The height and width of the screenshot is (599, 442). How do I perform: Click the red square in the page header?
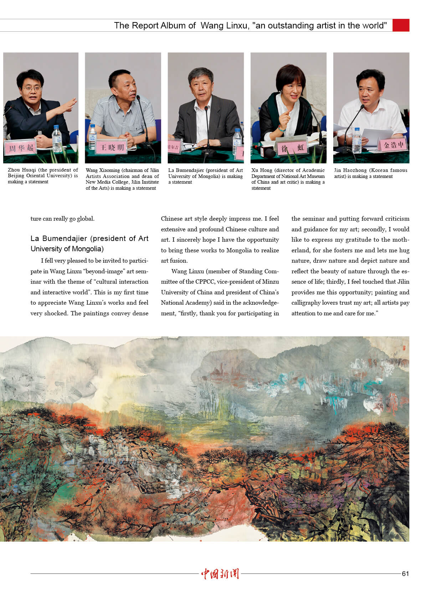point(401,25)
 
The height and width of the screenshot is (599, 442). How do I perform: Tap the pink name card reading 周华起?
point(21,148)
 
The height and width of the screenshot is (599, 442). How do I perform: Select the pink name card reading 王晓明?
point(112,147)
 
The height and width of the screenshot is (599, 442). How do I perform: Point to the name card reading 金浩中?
point(394,145)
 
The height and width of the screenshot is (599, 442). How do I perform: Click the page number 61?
point(405,573)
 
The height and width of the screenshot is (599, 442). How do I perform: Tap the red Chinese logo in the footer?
point(220,573)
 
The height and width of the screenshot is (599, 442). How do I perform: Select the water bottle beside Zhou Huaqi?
point(57,138)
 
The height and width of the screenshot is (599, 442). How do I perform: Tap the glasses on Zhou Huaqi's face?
point(32,88)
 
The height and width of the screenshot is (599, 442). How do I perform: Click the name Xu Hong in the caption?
point(260,170)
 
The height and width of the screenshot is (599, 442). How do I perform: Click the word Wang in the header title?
point(212,26)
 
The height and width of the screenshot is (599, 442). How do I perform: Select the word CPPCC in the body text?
point(205,282)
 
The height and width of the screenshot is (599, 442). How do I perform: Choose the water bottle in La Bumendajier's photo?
point(237,141)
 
